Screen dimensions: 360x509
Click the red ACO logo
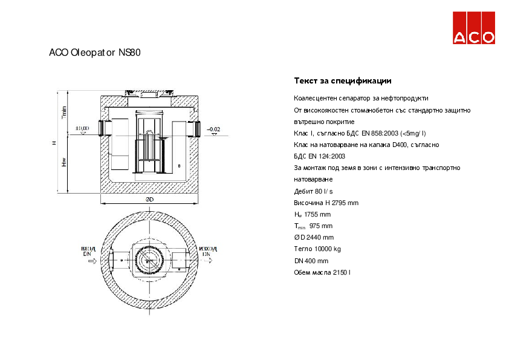click(475, 28)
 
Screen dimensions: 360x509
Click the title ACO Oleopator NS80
click(95, 53)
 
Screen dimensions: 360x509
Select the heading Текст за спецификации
click(343, 80)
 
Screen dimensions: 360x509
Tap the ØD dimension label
click(149, 199)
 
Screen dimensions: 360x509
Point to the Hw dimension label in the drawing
click(64, 163)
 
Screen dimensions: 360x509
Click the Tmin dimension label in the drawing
click(64, 111)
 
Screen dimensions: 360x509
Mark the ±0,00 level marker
click(82, 128)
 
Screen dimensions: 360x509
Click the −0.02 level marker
click(214, 129)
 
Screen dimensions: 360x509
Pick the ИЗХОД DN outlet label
click(208, 251)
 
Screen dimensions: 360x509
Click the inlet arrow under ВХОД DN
click(91, 263)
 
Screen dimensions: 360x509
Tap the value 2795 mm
click(345, 203)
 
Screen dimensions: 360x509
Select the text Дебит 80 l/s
click(313, 191)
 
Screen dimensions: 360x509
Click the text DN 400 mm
click(311, 261)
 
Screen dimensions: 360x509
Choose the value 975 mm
click(320, 226)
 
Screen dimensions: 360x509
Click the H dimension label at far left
click(54, 143)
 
